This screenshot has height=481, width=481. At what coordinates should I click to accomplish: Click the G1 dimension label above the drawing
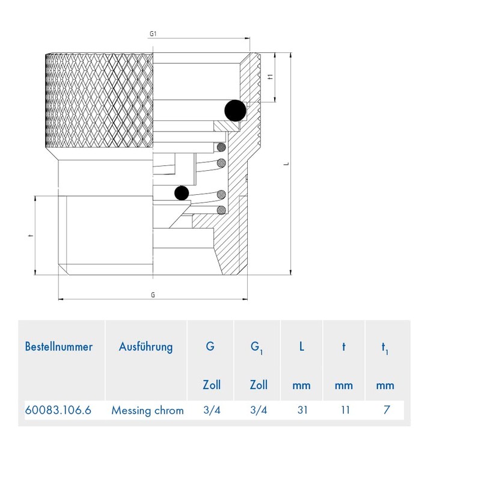(x=153, y=34)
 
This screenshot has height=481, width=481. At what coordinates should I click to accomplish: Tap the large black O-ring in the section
(x=235, y=111)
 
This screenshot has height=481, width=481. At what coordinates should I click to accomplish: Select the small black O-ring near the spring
(x=182, y=193)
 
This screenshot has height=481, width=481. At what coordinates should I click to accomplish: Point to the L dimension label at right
(x=287, y=164)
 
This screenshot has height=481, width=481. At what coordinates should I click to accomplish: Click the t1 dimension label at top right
(x=270, y=77)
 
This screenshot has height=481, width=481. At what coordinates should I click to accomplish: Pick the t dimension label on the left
(x=30, y=236)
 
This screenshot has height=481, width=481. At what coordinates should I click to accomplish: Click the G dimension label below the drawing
(x=153, y=295)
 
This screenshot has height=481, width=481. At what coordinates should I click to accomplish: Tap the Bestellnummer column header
(x=58, y=347)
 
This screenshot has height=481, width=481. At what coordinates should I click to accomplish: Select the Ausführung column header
(x=146, y=347)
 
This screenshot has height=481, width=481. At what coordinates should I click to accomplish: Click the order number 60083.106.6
(x=58, y=410)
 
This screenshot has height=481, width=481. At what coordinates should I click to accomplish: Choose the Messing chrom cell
(x=147, y=411)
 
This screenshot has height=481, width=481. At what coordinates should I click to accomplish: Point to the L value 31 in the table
(x=302, y=410)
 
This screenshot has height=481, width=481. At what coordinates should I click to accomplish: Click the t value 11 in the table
(x=345, y=410)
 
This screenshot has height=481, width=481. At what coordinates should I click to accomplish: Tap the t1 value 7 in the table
(x=387, y=410)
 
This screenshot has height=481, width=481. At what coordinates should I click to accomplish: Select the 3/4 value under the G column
(x=212, y=410)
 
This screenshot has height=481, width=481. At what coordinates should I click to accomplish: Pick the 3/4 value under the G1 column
(x=259, y=410)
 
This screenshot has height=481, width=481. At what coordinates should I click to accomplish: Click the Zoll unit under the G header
(x=212, y=385)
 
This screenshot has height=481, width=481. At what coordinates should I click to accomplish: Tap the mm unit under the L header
(x=301, y=385)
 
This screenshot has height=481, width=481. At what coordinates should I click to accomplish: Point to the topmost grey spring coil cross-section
(x=221, y=147)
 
